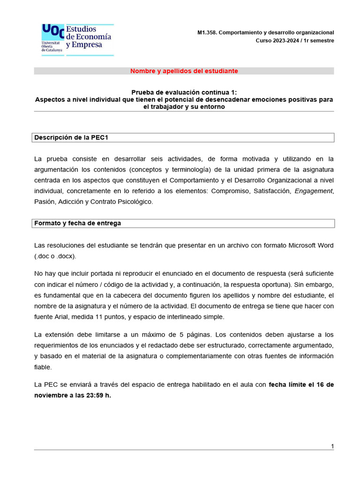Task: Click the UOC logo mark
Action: (53, 31)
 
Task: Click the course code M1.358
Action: (207, 32)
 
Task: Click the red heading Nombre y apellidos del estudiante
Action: (184, 71)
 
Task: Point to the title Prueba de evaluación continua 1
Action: (184, 92)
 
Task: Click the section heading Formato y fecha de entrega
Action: (77, 223)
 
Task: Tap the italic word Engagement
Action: (313, 191)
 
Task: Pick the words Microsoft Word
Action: (311, 245)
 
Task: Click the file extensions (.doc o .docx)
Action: (55, 256)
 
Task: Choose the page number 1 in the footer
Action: (332, 446)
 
